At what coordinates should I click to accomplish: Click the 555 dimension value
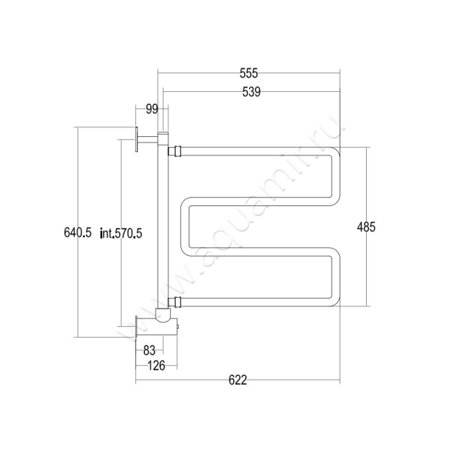tap(249, 73)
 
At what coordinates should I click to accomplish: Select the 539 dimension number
tap(251, 92)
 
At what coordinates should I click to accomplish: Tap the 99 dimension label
tap(152, 109)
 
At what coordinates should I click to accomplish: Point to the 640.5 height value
tap(78, 233)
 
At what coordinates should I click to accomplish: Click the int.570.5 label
tap(121, 233)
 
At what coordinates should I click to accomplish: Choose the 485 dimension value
tap(366, 227)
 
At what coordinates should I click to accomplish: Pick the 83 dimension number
tap(149, 351)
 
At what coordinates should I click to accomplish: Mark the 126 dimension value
tap(156, 366)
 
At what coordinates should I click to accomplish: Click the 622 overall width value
tap(238, 380)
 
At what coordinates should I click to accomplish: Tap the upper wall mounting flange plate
tap(136, 139)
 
